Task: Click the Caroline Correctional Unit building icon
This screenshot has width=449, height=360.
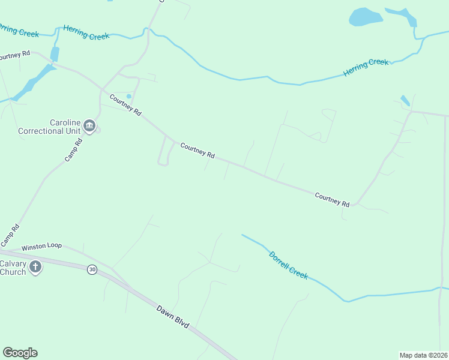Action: [x=89, y=125]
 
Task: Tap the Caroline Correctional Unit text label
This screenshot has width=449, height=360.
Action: [x=49, y=127]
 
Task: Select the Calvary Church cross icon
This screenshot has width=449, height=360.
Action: [x=35, y=266]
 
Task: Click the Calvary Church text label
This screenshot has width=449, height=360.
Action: [x=13, y=267]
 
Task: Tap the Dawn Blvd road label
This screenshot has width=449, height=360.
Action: [x=173, y=317]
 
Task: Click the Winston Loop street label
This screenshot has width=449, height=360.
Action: [x=41, y=246]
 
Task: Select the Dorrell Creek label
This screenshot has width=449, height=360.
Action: [x=288, y=265]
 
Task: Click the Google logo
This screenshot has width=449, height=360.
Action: [x=20, y=353]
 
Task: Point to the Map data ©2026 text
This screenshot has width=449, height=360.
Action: [x=423, y=355]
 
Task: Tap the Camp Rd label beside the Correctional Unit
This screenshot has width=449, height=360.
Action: [x=73, y=151]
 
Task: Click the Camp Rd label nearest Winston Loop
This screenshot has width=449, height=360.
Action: [x=10, y=235]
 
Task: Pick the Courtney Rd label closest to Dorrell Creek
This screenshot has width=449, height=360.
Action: [x=332, y=200]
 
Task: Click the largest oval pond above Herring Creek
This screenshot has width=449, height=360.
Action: [x=366, y=17]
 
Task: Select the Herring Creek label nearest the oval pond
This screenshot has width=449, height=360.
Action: [x=366, y=67]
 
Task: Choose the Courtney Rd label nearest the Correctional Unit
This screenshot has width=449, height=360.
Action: [x=125, y=104]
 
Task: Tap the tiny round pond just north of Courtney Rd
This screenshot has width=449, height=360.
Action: [x=128, y=96]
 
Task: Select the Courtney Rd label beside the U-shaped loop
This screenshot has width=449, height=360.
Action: [x=197, y=150]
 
